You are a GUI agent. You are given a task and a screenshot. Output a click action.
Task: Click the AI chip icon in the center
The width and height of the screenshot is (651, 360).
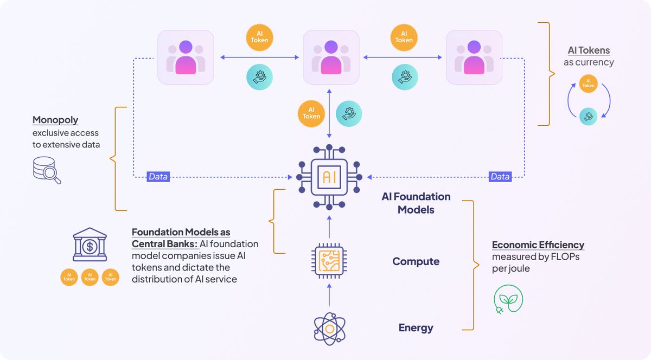tap(329, 177)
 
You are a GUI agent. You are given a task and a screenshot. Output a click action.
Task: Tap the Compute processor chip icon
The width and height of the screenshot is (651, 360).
tap(329, 261)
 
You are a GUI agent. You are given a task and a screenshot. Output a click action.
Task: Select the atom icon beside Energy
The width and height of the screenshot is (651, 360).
tap(329, 329)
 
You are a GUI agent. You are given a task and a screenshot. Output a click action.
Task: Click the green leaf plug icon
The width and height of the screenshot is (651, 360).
tap(508, 299)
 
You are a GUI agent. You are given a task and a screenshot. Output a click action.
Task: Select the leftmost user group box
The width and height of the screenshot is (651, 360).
tap(186, 57)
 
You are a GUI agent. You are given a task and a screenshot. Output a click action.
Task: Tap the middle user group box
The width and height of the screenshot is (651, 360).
tap(331, 57)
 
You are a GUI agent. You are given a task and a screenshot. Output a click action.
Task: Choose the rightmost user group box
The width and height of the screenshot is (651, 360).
tap(474, 57)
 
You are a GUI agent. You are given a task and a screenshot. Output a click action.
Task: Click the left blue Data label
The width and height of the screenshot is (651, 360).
tap(158, 177)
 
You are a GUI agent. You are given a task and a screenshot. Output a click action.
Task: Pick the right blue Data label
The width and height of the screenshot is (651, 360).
tap(500, 177)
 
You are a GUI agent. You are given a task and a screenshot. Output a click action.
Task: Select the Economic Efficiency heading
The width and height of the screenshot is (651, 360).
tap(538, 245)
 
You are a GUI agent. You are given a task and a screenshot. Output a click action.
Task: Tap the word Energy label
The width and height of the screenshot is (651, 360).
tap(416, 327)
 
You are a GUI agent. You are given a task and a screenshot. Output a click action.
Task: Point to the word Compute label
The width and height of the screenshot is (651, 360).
tap(416, 261)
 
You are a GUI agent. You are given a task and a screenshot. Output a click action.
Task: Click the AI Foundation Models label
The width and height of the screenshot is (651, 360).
tap(416, 203)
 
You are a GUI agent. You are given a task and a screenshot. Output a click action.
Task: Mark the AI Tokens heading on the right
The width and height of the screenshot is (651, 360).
tap(589, 50)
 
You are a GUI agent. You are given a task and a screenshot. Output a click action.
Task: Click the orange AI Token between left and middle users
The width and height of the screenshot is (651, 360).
tap(258, 37)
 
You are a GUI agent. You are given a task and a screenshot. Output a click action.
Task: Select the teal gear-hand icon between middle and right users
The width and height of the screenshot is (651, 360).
tap(404, 76)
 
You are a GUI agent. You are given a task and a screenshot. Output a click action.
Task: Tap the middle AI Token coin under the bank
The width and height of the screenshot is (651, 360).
tap(90, 278)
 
